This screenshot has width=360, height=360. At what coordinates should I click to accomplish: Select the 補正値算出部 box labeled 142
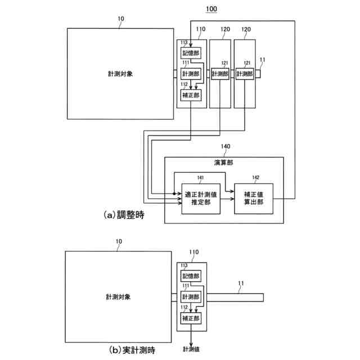pos(253,199)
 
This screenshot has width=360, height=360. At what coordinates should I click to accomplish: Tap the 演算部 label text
pos(224,163)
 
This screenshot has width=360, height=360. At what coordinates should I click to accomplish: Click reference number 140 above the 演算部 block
pos(225,146)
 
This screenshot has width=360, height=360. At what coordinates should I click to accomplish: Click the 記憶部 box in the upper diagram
pos(191,52)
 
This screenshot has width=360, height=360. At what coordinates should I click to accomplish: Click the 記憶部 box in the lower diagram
pos(191,276)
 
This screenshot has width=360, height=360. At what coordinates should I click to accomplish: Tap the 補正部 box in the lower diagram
pos(191,318)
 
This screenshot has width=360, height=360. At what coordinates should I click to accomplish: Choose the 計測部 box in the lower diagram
pos(191,296)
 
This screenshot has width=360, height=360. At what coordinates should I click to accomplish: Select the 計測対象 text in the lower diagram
pos(118,296)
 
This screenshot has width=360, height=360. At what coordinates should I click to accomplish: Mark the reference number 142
pos(256,177)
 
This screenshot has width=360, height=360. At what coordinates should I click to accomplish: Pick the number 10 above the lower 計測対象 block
pos(118,242)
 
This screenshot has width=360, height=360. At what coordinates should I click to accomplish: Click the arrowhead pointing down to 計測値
pos(191,340)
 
